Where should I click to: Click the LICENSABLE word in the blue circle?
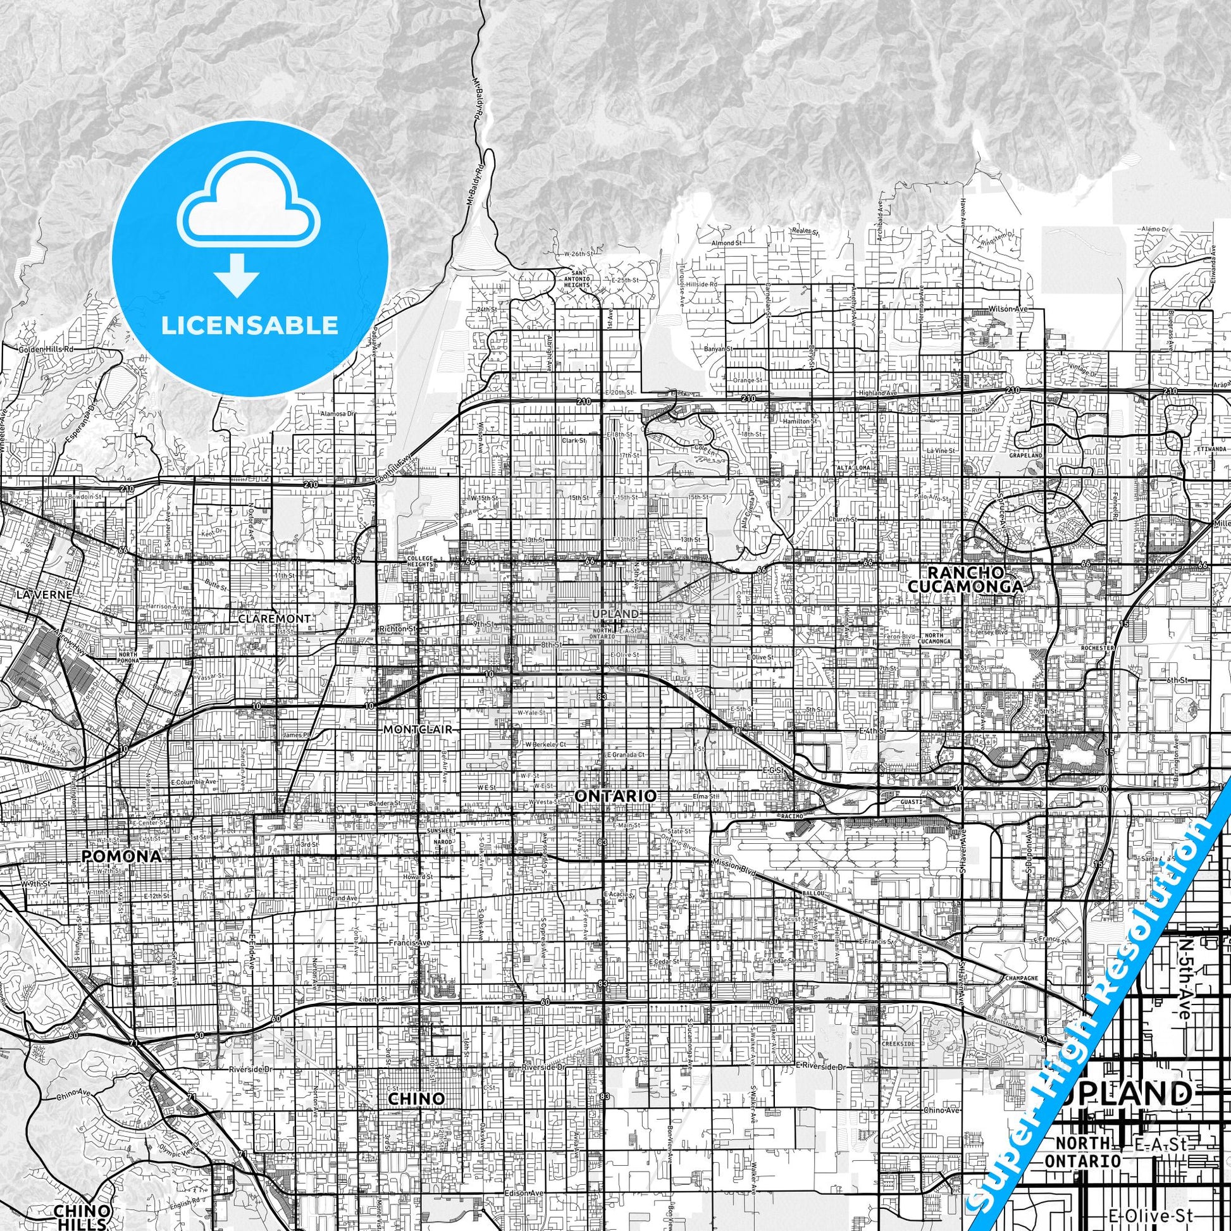click(x=250, y=325)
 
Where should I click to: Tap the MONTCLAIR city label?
click(x=418, y=729)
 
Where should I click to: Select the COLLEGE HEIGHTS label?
click(x=419, y=561)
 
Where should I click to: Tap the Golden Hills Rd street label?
click(x=47, y=350)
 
